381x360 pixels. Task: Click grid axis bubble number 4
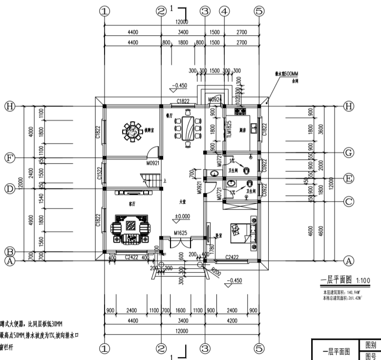pos(224,11)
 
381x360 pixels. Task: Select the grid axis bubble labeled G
pos(348,153)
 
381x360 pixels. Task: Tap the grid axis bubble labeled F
pos(9,158)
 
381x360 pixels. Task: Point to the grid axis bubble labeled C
pos(348,200)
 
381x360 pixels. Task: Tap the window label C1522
pos(99,173)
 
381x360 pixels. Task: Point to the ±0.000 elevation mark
pos(182,216)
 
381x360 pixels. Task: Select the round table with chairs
pos(131,130)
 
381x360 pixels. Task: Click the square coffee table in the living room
pos(131,226)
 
